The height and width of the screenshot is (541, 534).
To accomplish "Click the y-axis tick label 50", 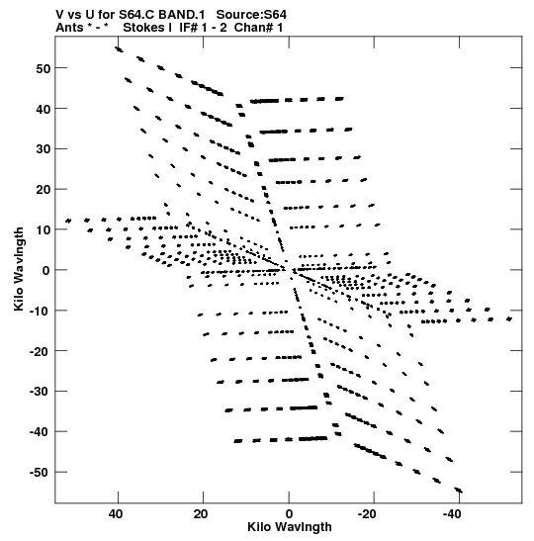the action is point(44,68).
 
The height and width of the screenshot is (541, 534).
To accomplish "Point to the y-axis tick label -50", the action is point(41,472).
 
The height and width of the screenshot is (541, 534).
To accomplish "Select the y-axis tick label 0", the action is point(46,270).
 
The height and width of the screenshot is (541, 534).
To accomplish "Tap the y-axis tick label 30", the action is point(44,149).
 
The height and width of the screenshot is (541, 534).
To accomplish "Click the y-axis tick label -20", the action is point(41,351).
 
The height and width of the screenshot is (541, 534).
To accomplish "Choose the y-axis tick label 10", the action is point(44,229).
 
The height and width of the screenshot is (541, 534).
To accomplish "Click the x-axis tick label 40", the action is point(116,514).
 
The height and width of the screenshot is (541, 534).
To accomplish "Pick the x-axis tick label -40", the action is point(452,514).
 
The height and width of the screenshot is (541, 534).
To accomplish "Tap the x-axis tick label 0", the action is point(289,514).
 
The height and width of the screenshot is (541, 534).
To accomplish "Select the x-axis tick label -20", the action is point(367,514).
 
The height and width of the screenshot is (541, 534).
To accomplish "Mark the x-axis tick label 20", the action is point(201,514).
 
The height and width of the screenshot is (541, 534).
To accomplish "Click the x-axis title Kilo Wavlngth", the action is point(290,527).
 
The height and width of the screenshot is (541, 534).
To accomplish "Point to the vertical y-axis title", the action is point(19,269).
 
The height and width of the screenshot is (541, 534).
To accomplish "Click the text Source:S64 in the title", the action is point(251,15).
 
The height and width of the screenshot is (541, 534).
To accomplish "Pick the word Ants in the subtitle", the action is point(69,28).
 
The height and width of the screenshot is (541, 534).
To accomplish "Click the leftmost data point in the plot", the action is point(68,221).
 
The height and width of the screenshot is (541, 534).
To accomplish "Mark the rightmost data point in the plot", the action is point(509,319).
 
